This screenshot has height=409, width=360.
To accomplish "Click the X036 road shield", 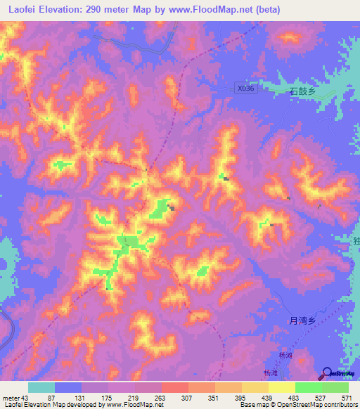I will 244,89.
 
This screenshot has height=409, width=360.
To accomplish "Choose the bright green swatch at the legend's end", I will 335,387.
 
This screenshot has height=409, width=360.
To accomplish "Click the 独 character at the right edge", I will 356,241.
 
